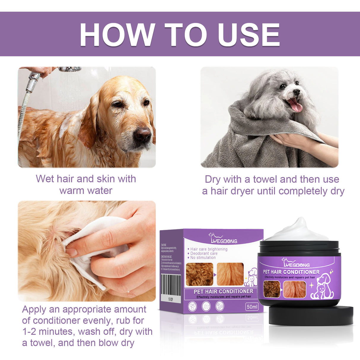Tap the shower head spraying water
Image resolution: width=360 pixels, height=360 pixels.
pos(70,69)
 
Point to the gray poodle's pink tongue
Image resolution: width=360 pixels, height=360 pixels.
pos(295,105)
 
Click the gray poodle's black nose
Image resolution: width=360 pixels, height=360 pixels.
pos(296,92)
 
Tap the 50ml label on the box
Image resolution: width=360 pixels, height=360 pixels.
pos(252,307)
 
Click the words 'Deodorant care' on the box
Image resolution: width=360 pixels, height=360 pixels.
pos(204,254)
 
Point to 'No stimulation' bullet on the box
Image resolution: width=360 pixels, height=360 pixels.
pos(203,258)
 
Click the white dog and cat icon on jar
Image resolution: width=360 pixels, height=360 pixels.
pos(322,286)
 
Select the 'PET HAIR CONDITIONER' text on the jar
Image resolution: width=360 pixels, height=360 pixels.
pos(291,272)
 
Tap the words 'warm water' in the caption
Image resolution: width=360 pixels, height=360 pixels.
pos(86,190)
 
